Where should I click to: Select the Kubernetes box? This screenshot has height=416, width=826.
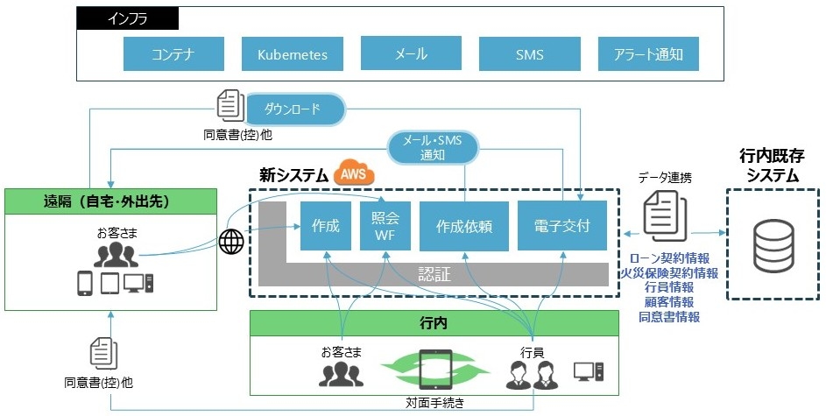click(292, 54)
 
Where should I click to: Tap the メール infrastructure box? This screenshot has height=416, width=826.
click(410, 54)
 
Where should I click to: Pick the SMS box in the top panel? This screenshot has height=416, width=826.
click(529, 54)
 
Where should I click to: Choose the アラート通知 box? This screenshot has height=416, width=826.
click(648, 54)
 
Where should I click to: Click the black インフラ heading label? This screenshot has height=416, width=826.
click(128, 18)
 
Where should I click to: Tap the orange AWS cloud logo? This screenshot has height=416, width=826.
click(353, 175)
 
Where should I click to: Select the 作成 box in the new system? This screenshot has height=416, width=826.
click(325, 226)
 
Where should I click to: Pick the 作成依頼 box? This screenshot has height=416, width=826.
click(463, 226)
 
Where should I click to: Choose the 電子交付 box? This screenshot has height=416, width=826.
click(560, 226)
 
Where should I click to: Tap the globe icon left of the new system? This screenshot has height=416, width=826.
click(231, 242)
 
